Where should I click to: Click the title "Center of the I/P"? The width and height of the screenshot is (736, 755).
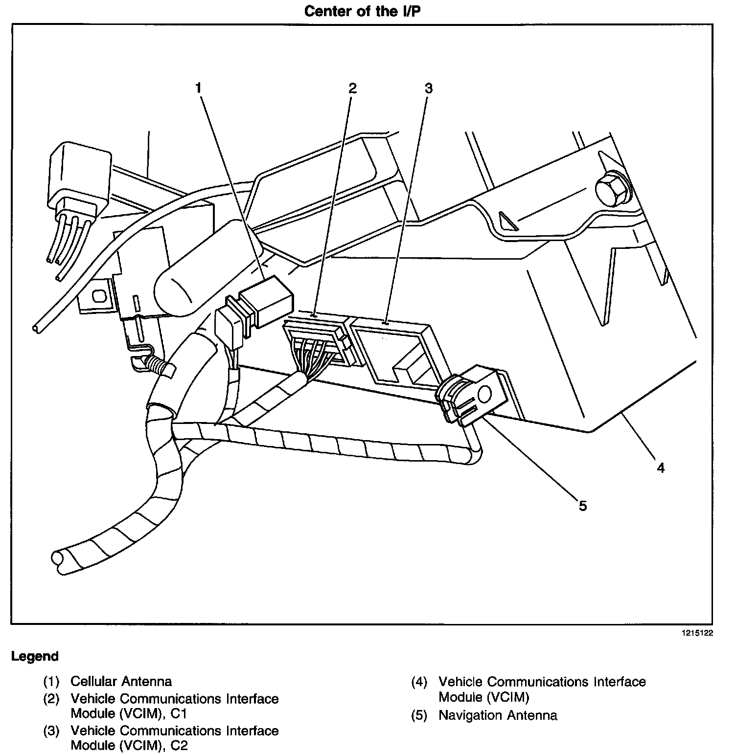[x=362, y=11]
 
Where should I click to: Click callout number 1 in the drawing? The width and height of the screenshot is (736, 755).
[x=198, y=89]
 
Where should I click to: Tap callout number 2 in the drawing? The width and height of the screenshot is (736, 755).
[x=352, y=89]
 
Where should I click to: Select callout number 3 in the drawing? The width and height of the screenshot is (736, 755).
[x=429, y=89]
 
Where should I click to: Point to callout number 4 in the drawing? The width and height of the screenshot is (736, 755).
[x=661, y=468]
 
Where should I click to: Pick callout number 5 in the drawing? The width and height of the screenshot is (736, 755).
[x=582, y=505]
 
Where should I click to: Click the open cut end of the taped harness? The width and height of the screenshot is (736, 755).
[x=58, y=561]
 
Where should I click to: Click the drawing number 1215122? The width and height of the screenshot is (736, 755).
[x=698, y=633]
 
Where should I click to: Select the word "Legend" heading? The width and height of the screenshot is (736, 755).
[x=35, y=656]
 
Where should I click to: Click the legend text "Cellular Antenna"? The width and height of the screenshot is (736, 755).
[x=121, y=681]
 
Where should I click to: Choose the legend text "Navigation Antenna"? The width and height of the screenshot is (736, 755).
[x=498, y=715]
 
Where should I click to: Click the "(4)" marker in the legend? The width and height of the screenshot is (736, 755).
[x=419, y=682]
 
